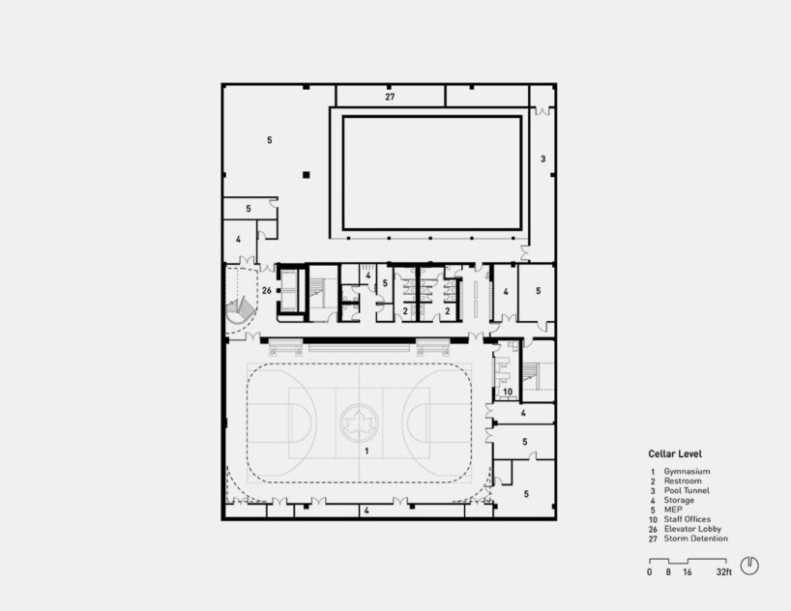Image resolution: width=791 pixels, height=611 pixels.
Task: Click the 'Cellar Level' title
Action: (x=675, y=453)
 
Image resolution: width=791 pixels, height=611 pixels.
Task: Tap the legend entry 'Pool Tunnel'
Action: (x=689, y=490)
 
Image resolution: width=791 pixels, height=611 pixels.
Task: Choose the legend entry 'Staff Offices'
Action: (x=690, y=519)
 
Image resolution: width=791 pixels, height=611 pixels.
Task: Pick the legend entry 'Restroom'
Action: (x=683, y=480)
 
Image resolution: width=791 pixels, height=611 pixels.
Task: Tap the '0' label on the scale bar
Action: (x=650, y=573)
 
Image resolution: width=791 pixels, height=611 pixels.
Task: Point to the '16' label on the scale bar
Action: (x=687, y=573)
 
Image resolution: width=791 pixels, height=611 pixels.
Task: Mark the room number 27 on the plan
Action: (x=390, y=98)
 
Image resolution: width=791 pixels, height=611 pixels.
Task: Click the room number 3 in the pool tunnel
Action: (x=542, y=159)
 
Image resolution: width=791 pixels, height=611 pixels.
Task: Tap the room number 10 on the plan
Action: (x=507, y=392)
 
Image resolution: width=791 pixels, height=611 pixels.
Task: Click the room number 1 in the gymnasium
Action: (x=366, y=451)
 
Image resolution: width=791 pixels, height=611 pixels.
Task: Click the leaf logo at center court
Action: (x=360, y=421)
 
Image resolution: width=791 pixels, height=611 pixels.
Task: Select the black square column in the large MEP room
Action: (x=306, y=175)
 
